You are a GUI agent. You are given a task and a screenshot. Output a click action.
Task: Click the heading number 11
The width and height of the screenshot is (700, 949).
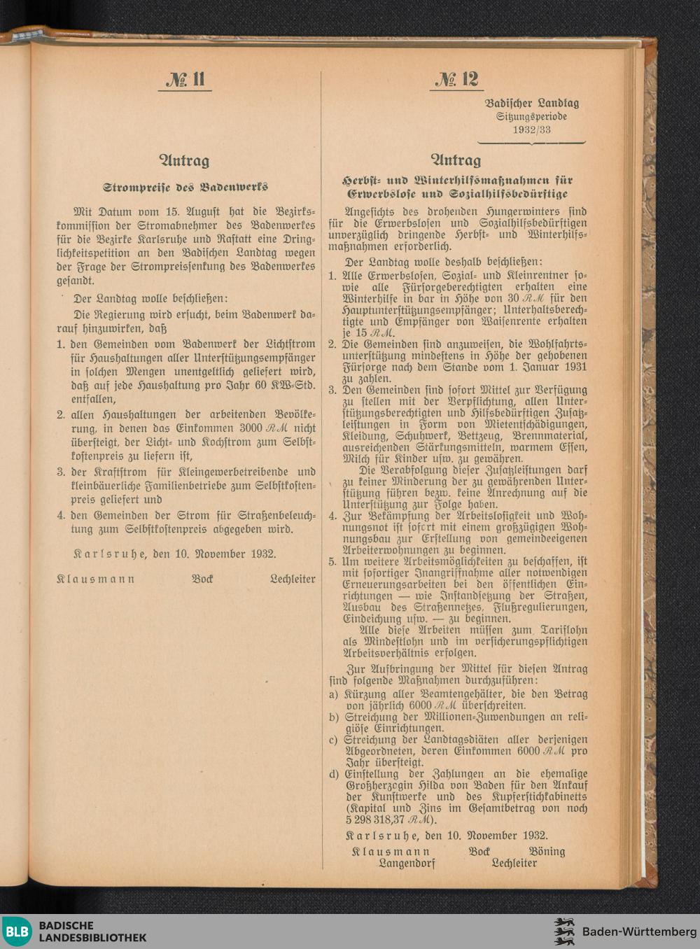coord(185,79)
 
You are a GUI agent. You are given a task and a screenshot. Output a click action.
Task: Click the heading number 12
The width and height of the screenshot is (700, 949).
coord(456,79)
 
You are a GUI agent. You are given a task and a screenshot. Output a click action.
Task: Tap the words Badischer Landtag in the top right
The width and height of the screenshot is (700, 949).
coord(532,104)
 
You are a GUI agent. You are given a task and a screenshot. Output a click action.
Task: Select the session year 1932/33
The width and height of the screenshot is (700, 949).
coord(531,129)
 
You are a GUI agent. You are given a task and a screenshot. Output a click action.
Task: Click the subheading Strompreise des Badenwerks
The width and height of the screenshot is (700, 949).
coord(185,188)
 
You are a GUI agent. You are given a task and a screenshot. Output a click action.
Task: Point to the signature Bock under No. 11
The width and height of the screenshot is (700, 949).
coord(202,579)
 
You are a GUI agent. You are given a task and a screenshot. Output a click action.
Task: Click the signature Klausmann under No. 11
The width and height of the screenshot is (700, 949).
coord(95,579)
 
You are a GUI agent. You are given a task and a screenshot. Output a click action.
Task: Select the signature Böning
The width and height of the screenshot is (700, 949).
coord(547,851)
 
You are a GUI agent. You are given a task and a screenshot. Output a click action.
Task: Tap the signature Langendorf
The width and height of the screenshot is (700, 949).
coord(407,863)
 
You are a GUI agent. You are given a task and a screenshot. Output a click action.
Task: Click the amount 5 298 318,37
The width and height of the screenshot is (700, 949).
coord(375,820)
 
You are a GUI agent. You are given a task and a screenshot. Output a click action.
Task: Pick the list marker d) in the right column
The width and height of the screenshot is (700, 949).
coord(335,774)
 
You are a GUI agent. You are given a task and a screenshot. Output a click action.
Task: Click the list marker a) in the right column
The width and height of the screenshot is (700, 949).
coord(335,694)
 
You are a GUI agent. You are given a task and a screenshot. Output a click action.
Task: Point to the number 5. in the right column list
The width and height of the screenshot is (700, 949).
coord(333,561)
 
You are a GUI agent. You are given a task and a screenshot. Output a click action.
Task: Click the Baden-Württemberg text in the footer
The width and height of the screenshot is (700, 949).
coord(639,932)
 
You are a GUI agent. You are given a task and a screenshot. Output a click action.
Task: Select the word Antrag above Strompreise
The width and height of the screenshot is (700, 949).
coord(185,161)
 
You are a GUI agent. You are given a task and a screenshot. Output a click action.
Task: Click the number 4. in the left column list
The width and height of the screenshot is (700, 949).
coord(62,516)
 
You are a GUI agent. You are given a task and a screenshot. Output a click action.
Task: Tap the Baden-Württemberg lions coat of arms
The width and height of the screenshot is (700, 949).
coord(564,932)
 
